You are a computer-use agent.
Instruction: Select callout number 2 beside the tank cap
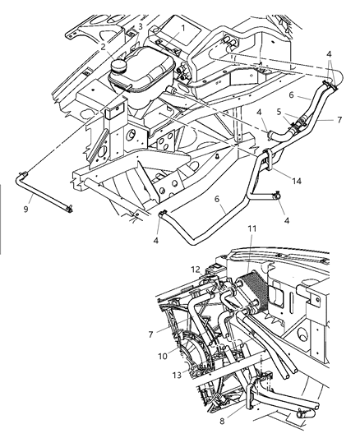(x=104, y=47)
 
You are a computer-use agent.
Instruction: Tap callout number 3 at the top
(x=141, y=26)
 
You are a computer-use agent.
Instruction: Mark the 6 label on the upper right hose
(x=301, y=95)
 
